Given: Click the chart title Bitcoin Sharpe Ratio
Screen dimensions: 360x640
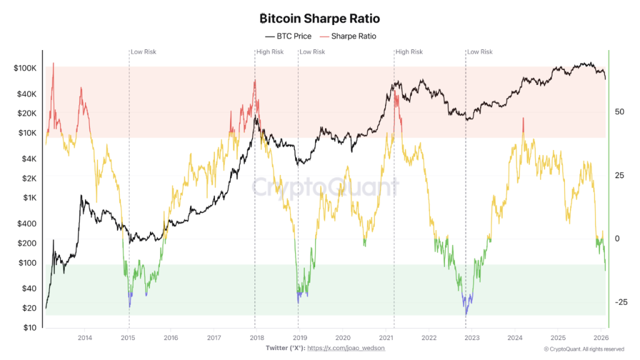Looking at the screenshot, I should pyautogui.click(x=319, y=19).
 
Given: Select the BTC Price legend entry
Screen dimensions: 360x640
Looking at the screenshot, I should pyautogui.click(x=288, y=36).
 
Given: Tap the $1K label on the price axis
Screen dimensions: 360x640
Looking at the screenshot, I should pyautogui.click(x=29, y=197).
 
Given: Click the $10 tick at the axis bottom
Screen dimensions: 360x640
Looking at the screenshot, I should pyautogui.click(x=29, y=327).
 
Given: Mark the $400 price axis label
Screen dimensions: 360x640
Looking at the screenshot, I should pyautogui.click(x=27, y=224).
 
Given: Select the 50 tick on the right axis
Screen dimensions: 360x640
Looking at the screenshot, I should pyautogui.click(x=620, y=112).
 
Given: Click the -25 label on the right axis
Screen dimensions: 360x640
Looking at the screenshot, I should pyautogui.click(x=620, y=302).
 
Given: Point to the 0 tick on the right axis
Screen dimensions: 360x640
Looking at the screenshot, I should pyautogui.click(x=617, y=239).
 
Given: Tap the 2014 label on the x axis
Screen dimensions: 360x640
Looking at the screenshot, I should pyautogui.click(x=85, y=338).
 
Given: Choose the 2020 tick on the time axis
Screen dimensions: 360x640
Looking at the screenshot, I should pyautogui.click(x=342, y=338).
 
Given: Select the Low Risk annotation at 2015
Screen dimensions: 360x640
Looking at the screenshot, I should pyautogui.click(x=144, y=52).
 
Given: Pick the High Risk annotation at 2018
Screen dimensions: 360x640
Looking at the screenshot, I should pyautogui.click(x=270, y=52).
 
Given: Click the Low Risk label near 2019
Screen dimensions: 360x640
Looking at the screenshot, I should pyautogui.click(x=313, y=52).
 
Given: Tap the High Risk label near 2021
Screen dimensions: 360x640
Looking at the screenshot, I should pyautogui.click(x=409, y=52).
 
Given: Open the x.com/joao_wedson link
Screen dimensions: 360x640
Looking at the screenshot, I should pyautogui.click(x=346, y=347).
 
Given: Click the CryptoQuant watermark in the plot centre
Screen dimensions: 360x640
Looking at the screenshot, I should pyautogui.click(x=325, y=186).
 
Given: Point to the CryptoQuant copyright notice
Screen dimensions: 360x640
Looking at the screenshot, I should pyautogui.click(x=584, y=349).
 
